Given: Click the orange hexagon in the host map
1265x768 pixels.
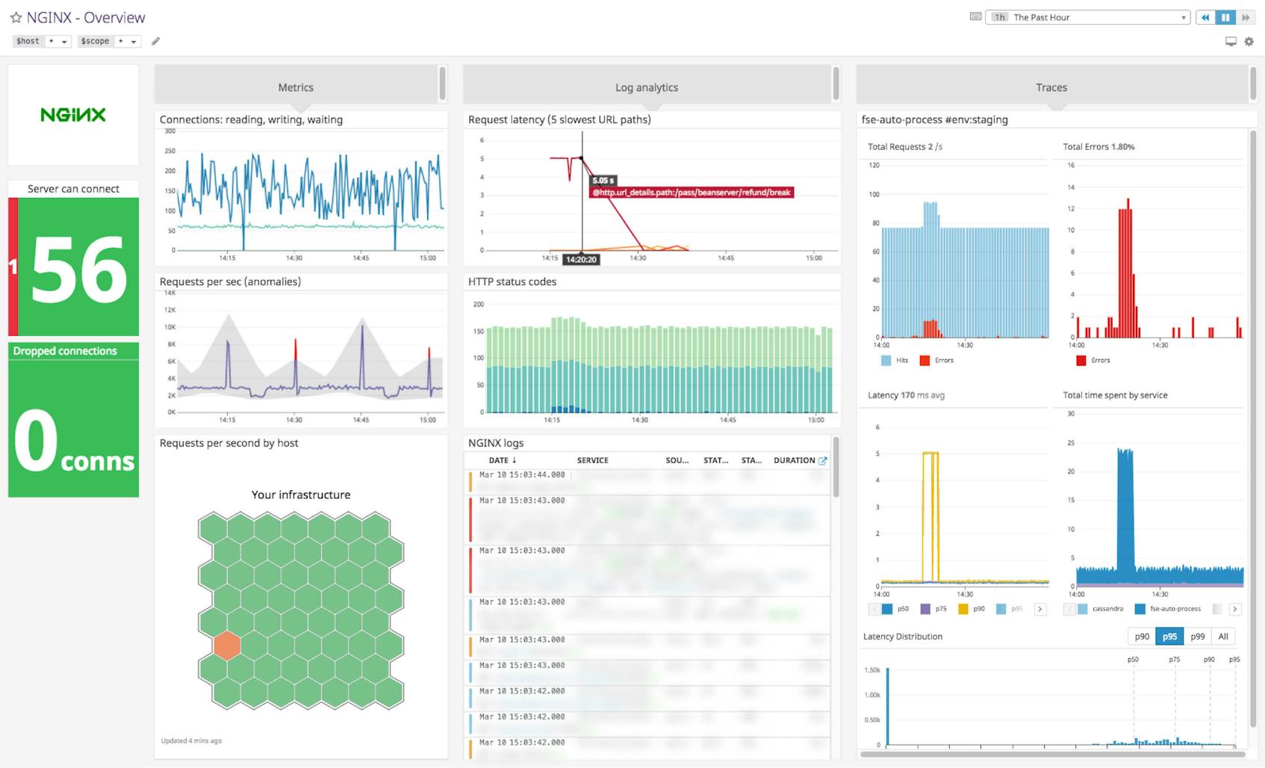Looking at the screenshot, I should point(227,646).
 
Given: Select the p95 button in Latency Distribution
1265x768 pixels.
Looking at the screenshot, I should point(1169,637).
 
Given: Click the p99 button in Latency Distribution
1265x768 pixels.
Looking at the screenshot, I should point(1197,637).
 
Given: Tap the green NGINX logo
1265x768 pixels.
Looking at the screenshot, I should point(73,115).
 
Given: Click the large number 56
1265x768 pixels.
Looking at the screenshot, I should point(79,269).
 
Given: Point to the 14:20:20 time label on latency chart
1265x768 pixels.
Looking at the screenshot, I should point(581,260).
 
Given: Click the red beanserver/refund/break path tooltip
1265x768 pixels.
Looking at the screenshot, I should point(691,193).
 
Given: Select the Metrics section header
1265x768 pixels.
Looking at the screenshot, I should point(296,87).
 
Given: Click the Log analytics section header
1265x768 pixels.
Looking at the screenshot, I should point(647,87).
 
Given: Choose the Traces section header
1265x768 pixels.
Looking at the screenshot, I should point(1051,87).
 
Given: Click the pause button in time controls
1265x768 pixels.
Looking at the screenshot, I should point(1225,17).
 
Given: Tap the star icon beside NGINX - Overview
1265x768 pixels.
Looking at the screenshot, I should point(16,17).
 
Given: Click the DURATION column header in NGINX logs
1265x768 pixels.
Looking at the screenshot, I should point(794,461).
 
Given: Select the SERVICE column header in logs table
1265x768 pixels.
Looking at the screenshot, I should point(592,461).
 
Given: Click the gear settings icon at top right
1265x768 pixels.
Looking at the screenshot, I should point(1249,42).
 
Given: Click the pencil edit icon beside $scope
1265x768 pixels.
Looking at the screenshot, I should point(155,41).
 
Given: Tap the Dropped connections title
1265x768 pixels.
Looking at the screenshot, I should point(65,351).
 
